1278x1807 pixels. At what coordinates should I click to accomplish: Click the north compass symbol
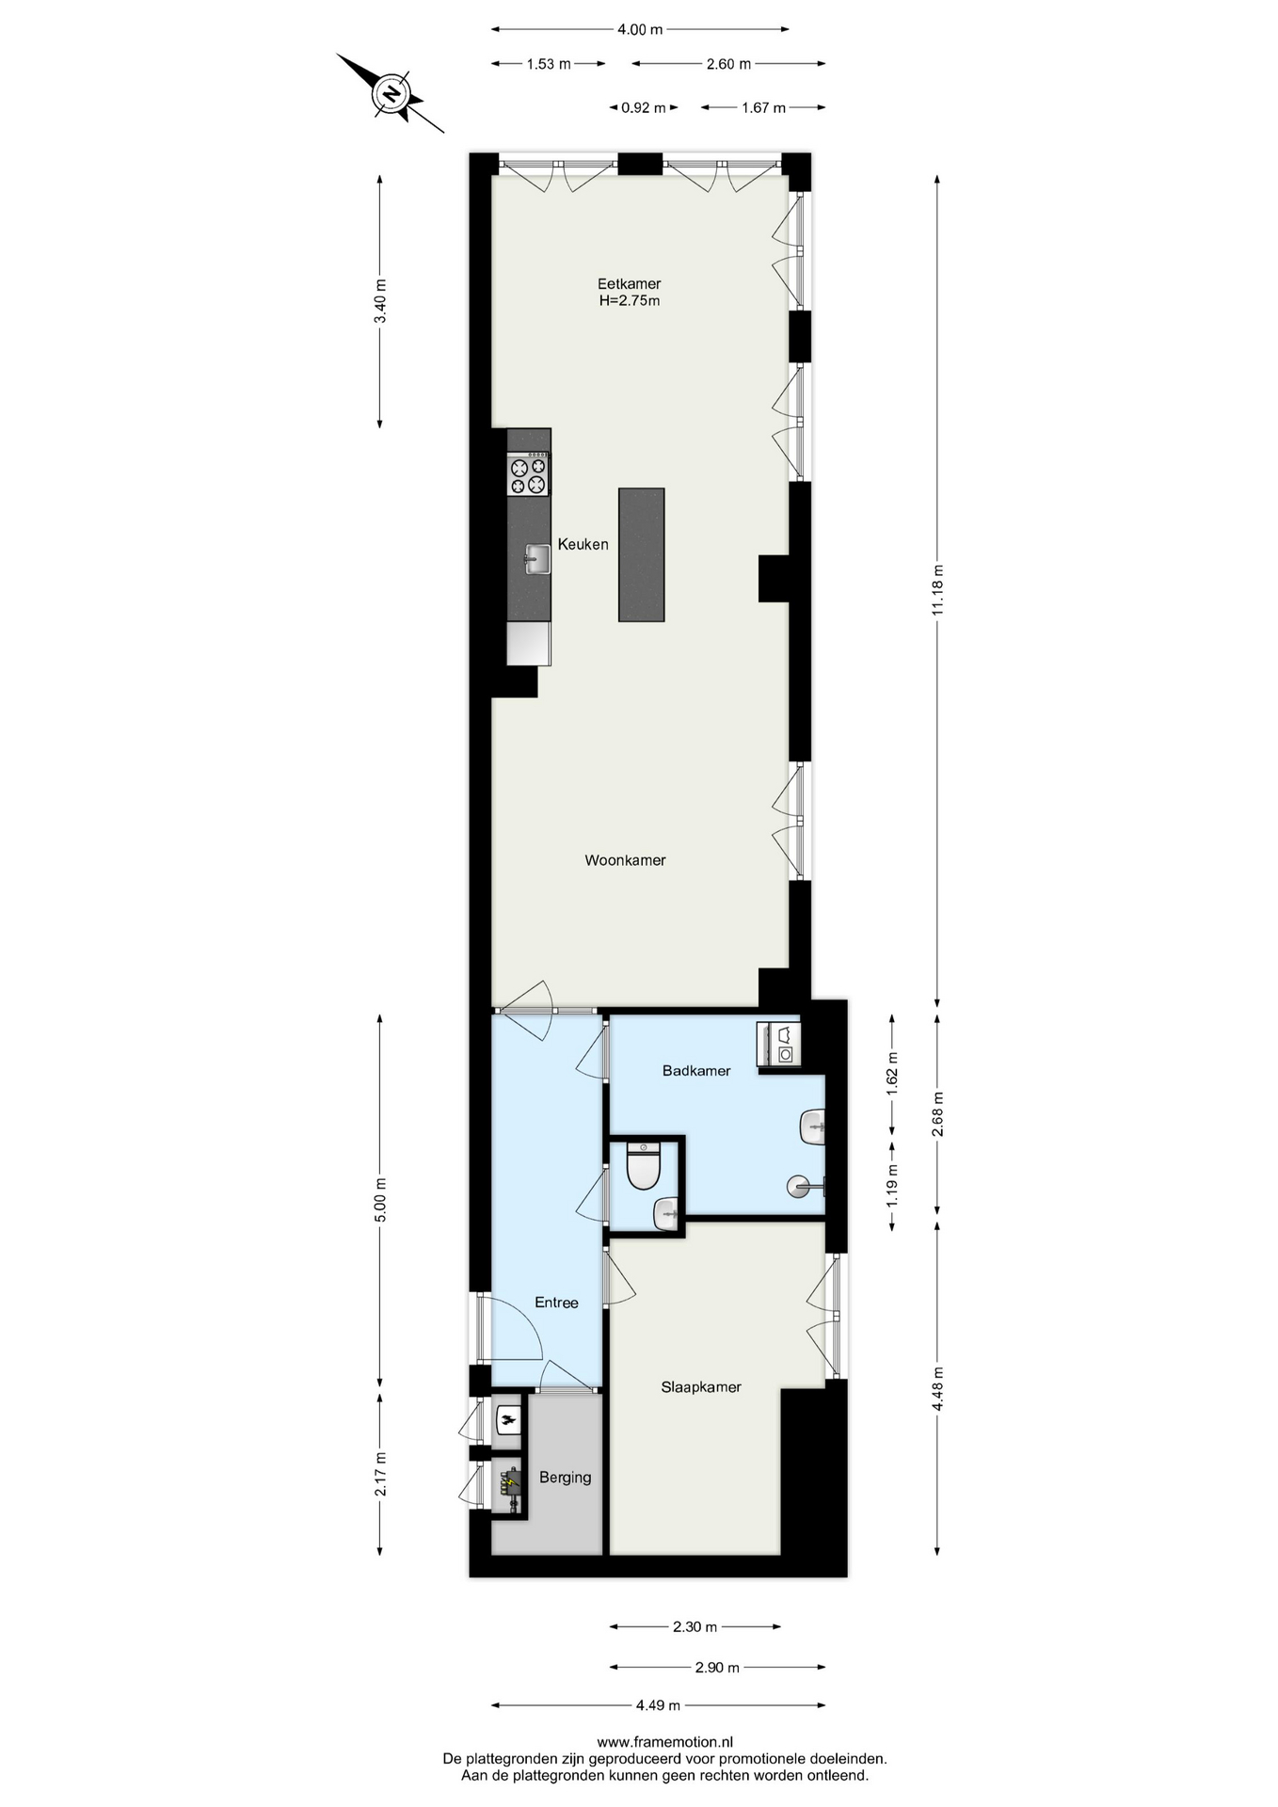pos(391,93)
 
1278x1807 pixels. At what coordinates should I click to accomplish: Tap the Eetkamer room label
pos(629,283)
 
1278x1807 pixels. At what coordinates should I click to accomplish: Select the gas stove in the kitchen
pos(528,474)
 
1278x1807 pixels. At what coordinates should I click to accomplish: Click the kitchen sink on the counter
pos(536,559)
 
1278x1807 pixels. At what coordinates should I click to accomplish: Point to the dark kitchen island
pos(641,554)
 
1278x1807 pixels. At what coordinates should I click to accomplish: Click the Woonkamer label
pos(625,860)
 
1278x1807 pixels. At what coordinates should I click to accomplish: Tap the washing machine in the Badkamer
pos(779,1044)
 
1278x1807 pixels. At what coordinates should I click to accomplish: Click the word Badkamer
pos(696,1070)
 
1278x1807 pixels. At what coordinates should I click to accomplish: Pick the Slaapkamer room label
pos(701,1387)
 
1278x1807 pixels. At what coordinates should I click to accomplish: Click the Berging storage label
pos(565,1478)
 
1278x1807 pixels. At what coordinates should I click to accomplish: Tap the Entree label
pos(556,1303)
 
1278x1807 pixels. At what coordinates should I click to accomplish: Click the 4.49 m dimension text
pos(658,1704)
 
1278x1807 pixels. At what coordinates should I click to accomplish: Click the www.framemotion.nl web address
pos(664,1742)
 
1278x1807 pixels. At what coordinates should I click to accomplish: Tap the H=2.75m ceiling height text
pos(630,301)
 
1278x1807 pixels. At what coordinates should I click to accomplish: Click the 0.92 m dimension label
pos(644,107)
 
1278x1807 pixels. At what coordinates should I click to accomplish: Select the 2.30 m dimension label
pos(695,1626)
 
